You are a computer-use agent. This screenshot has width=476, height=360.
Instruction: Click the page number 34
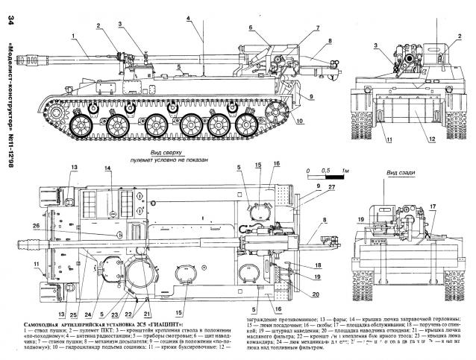[x=9, y=29]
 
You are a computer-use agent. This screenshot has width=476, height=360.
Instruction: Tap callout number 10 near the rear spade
[x=300, y=121]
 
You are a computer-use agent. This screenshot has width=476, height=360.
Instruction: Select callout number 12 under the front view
[x=413, y=138]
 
